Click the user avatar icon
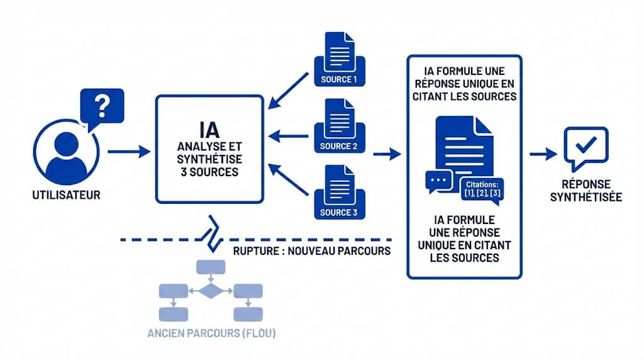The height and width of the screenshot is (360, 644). click(67, 149)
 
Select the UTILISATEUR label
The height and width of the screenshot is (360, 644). click(66, 195)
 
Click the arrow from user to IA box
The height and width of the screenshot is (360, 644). click(129, 152)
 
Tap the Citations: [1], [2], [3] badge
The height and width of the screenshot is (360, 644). click(482, 188)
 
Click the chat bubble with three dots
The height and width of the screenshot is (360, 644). click(438, 181)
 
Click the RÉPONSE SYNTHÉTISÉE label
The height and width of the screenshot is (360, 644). click(586, 191)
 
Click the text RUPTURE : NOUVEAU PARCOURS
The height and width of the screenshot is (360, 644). click(311, 250)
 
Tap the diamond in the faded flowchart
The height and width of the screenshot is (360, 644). click(211, 291)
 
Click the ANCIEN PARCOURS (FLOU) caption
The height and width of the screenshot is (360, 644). click(211, 333)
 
